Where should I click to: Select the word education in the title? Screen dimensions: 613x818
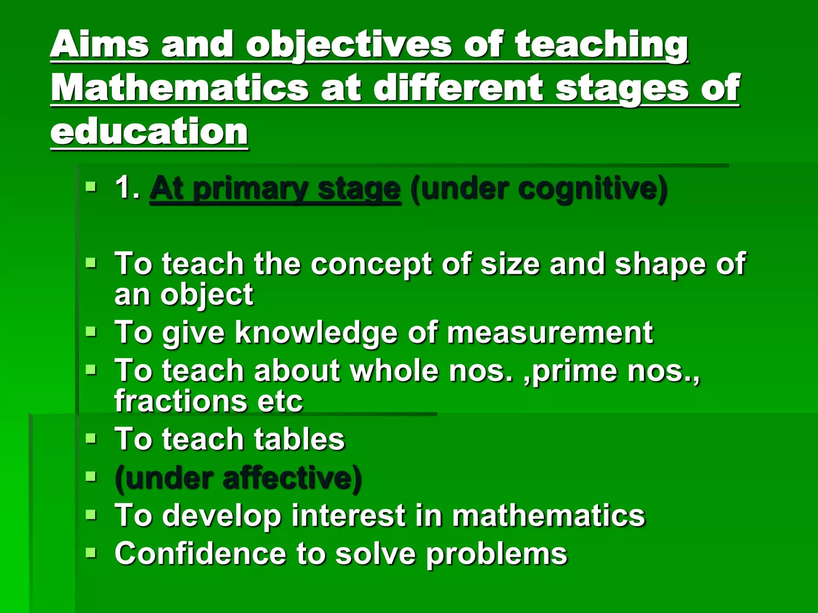pyautogui.click(x=149, y=132)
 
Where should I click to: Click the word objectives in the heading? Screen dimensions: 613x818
pyautogui.click(x=348, y=45)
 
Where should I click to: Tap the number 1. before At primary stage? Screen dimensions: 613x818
pyautogui.click(x=127, y=188)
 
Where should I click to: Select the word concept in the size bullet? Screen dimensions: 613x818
pyautogui.click(x=371, y=265)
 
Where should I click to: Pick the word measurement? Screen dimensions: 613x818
pyautogui.click(x=550, y=332)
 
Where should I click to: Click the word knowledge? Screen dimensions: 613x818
pyautogui.click(x=316, y=333)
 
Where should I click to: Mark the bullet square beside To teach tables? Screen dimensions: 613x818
pyautogui.click(x=91, y=439)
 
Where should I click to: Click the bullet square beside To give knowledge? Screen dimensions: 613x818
pyautogui.click(x=91, y=332)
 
